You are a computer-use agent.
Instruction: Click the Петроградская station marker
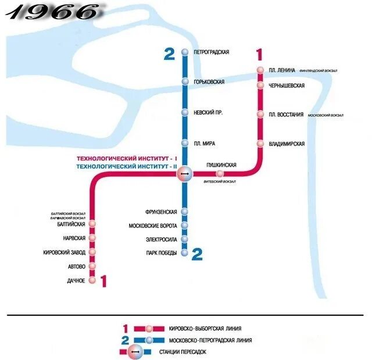(x=184, y=52)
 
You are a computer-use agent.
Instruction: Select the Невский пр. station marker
(x=184, y=112)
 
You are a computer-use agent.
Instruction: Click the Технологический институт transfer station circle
(x=184, y=173)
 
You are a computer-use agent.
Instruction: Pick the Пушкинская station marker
(x=220, y=173)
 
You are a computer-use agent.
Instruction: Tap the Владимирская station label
(x=287, y=144)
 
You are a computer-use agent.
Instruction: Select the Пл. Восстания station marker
(x=260, y=115)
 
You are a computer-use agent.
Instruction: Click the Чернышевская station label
(x=287, y=85)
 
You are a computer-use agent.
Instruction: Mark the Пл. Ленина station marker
(x=260, y=71)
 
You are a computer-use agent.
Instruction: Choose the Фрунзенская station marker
(x=184, y=212)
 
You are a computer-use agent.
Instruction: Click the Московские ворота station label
(x=153, y=226)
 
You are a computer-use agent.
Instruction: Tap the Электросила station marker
(x=184, y=239)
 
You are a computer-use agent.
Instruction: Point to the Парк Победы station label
(x=161, y=253)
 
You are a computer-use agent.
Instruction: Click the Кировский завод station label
(x=65, y=252)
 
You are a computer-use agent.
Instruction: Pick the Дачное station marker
(x=92, y=281)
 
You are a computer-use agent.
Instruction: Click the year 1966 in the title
(x=56, y=12)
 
